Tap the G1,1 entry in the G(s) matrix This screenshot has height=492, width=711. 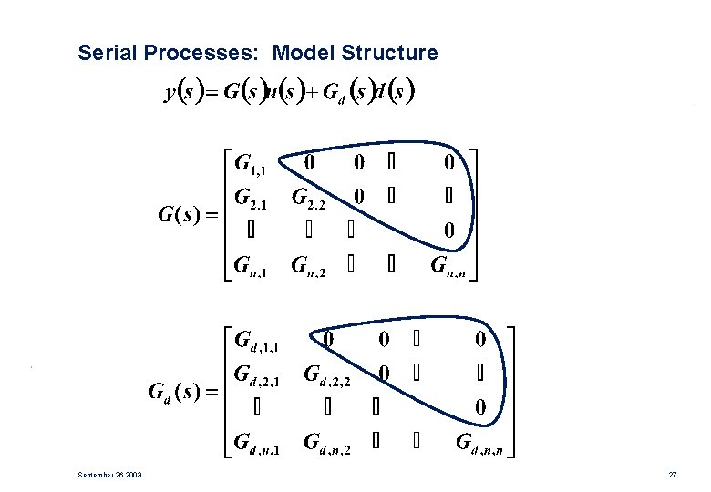click(x=251, y=165)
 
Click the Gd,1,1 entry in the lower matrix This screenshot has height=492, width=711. click(x=258, y=343)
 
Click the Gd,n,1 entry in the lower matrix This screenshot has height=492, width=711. click(x=258, y=444)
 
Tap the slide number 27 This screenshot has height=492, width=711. click(x=672, y=476)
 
